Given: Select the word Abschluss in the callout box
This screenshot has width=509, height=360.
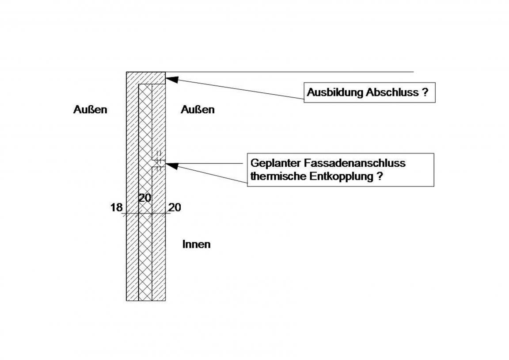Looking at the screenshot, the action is click(392, 92).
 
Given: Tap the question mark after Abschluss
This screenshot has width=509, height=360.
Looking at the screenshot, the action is click(425, 92).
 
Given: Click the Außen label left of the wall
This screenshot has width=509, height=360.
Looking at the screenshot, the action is click(90, 110).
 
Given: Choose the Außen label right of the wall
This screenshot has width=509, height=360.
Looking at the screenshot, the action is click(198, 110).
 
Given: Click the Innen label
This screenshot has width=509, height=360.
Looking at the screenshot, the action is click(196, 244).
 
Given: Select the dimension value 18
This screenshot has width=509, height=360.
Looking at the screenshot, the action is click(116, 207).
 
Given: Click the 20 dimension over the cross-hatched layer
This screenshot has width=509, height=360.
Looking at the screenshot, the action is click(145, 198).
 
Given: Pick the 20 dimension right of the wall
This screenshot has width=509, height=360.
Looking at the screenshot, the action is click(175, 207).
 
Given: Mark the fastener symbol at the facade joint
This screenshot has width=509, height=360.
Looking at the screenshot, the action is click(159, 161).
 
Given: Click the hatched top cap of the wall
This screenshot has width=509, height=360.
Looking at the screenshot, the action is click(146, 78).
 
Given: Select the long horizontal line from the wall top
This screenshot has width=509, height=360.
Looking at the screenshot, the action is click(289, 72).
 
